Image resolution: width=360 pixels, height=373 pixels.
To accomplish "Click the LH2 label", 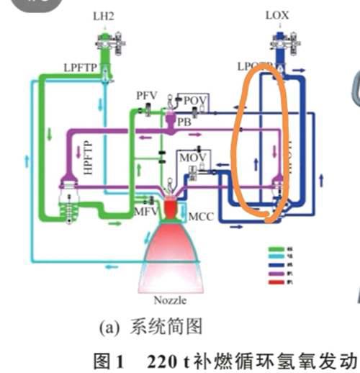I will (x=106, y=14).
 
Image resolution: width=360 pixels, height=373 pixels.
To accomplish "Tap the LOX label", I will (x=276, y=14).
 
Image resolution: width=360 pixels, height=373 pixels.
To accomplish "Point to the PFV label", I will (x=146, y=96).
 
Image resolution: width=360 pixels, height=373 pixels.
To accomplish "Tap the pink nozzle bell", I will (x=174, y=252).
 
